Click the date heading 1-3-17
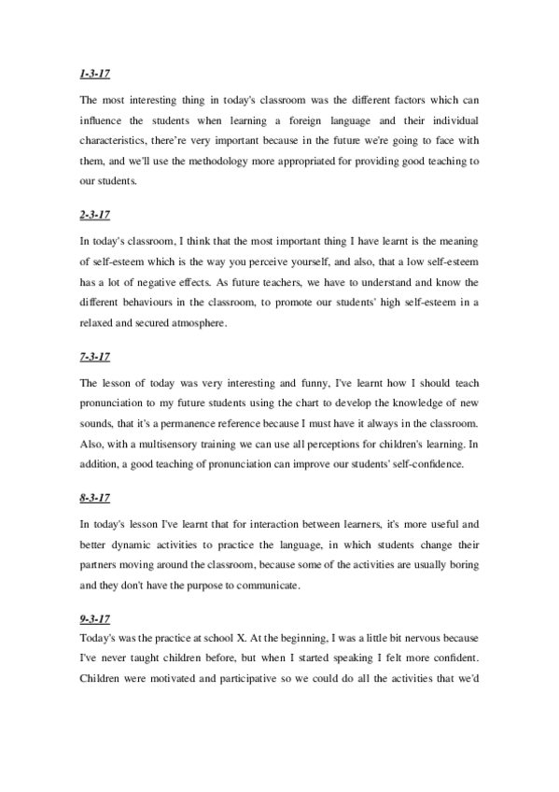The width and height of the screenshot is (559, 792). [95, 73]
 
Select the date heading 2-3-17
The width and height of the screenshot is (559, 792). [95, 215]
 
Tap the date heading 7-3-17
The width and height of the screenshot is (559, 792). [95, 357]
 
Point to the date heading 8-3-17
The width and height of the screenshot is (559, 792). [95, 499]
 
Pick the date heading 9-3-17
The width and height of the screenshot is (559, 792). [95, 619]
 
